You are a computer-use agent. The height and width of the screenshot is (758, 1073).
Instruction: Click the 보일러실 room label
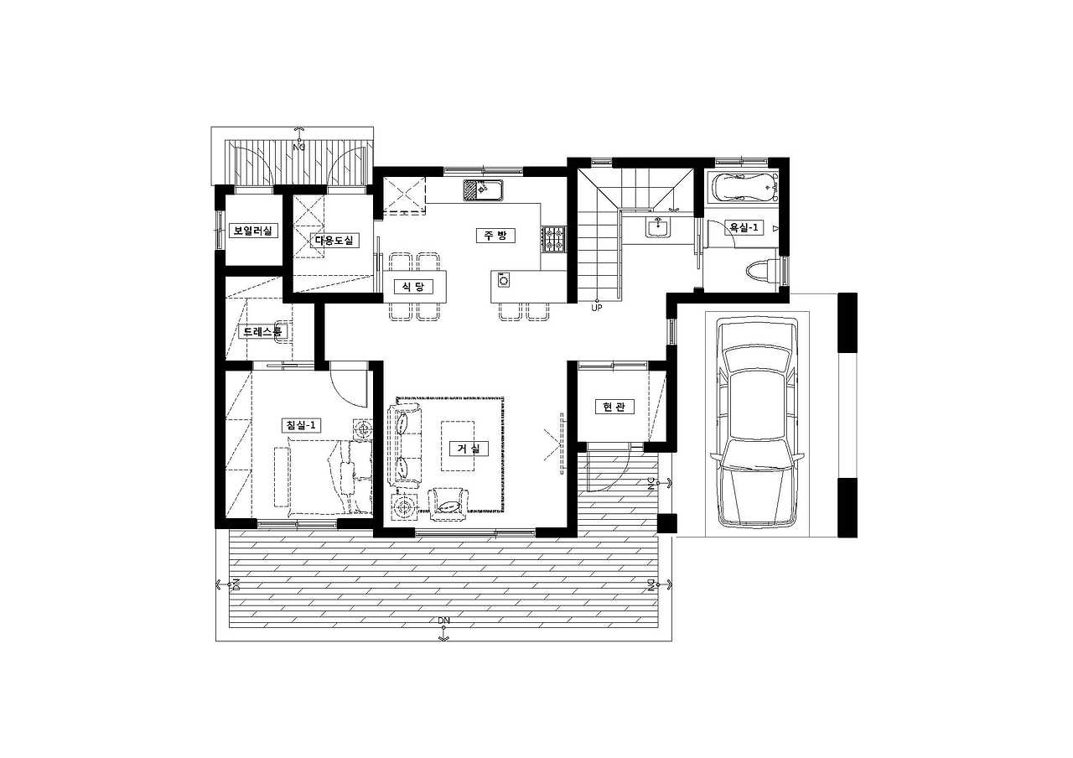pos(252,231)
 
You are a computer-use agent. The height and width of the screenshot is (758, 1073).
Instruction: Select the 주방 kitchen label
pos(495,236)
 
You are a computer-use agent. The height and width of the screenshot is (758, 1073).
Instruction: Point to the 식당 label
pos(413,287)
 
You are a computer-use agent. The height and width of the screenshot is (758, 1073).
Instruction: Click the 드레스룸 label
pos(262,331)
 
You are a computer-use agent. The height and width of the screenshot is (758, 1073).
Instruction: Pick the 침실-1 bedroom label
pos(300,425)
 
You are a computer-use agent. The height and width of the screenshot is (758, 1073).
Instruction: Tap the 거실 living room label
pos(469,449)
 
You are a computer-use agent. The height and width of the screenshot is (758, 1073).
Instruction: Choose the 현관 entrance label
pos(614,407)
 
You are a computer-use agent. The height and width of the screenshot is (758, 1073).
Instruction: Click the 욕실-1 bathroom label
pos(744,227)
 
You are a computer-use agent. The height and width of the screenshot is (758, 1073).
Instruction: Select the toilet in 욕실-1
pos(763,271)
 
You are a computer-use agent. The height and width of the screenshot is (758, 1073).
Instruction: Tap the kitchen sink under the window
pos(483,189)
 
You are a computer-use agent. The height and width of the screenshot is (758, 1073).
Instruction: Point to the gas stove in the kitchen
pos(554,239)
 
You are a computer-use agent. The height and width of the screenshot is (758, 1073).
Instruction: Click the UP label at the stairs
pos(596,308)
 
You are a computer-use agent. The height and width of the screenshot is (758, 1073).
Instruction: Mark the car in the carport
pos(757,423)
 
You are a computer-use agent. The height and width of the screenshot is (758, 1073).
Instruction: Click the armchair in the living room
pos(448,505)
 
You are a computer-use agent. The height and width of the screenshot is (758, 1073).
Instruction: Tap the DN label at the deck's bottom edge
pos(444,620)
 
